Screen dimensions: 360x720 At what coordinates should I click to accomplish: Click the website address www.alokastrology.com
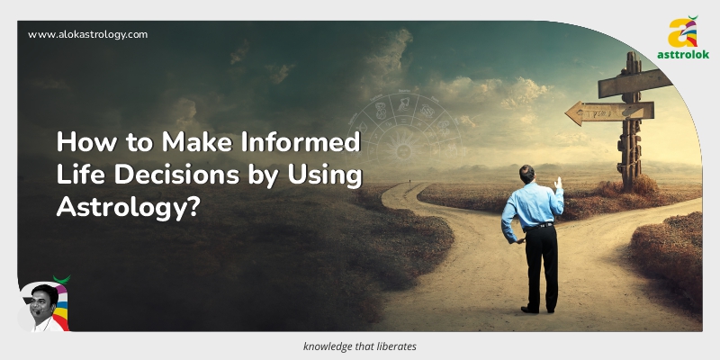coord(87,34)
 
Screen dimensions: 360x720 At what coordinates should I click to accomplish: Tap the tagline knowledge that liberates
coord(359,346)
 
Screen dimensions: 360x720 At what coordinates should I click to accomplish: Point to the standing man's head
coord(528,175)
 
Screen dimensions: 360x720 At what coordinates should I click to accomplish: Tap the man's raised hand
coord(558,184)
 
